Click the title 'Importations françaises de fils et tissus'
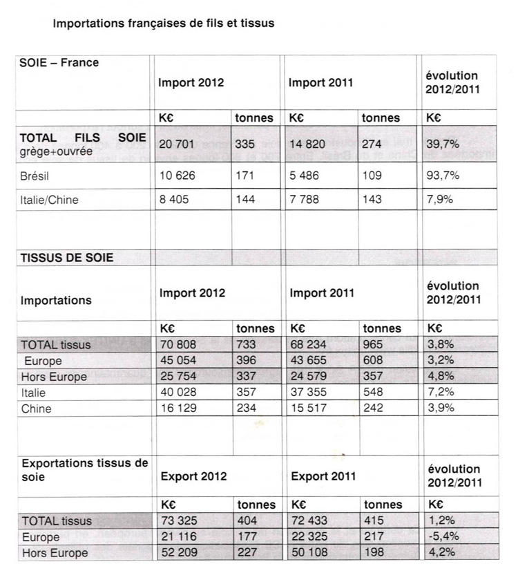pyautogui.click(x=164, y=23)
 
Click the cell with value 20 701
pyautogui.click(x=178, y=144)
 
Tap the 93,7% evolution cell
pyautogui.click(x=443, y=175)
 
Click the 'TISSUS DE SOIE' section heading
pyautogui.click(x=67, y=258)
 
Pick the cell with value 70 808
pyautogui.click(x=178, y=344)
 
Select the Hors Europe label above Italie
pyautogui.click(x=54, y=377)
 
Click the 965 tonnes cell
pyautogui.click(x=374, y=344)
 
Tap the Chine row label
pyautogui.click(x=37, y=409)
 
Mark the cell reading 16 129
pyautogui.click(x=178, y=409)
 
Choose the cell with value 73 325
pyautogui.click(x=178, y=521)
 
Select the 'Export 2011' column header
pyautogui.click(x=323, y=476)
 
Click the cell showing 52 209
pyautogui.click(x=178, y=553)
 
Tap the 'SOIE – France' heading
pyautogui.click(x=60, y=63)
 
